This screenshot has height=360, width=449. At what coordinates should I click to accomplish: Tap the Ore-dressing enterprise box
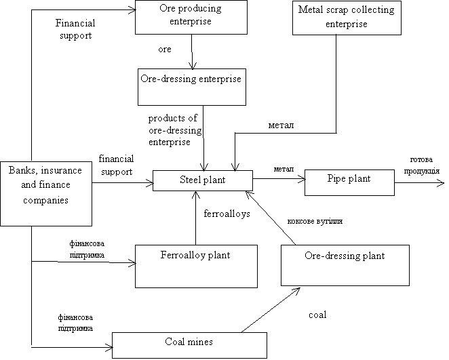pyautogui.click(x=191, y=87)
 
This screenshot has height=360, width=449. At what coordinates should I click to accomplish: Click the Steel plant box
pyautogui.click(x=202, y=180)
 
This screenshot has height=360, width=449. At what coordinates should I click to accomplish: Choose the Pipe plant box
pyautogui.click(x=349, y=182)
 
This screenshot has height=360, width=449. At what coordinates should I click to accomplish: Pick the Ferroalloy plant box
pyautogui.click(x=196, y=266)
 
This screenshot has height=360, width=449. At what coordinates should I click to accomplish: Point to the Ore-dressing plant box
pyautogui.click(x=345, y=265)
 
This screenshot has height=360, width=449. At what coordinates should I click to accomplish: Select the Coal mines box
pyautogui.click(x=189, y=345)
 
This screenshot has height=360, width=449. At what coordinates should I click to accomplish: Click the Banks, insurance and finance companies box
pyautogui.click(x=45, y=193)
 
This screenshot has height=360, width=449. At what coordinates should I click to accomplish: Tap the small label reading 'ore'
pyautogui.click(x=164, y=50)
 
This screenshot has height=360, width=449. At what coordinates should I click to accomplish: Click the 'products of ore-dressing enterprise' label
pyautogui.click(x=182, y=129)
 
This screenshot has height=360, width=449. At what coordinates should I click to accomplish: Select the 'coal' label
pyautogui.click(x=317, y=316)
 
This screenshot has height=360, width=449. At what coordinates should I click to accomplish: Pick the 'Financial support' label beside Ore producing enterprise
pyautogui.click(x=75, y=30)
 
